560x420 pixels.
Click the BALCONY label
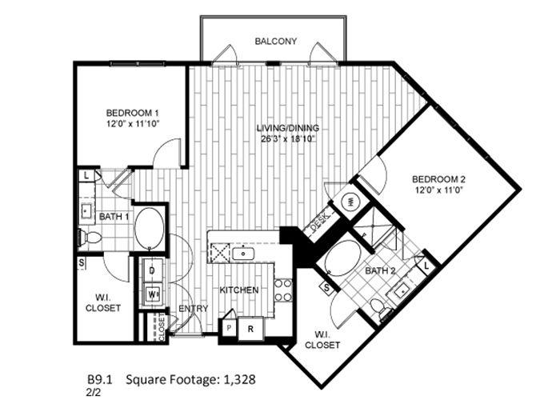pyautogui.click(x=276, y=42)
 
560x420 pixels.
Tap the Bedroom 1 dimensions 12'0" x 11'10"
pyautogui.click(x=133, y=124)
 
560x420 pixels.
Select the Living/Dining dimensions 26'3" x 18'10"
pyautogui.click(x=288, y=139)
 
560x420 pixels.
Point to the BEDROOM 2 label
pyautogui.click(x=439, y=179)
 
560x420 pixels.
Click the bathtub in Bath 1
pyautogui.click(x=150, y=228)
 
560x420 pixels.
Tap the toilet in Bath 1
pyautogui.click(x=90, y=237)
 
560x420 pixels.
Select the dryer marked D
pyautogui.click(x=152, y=270)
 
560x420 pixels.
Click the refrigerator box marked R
pyautogui.click(x=250, y=329)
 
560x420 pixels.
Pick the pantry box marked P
pyautogui.click(x=229, y=328)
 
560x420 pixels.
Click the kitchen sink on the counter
pyautogui.click(x=243, y=254)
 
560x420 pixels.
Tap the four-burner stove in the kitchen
pyautogui.click(x=283, y=290)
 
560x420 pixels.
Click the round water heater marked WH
pyautogui.click(x=350, y=202)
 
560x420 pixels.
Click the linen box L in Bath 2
pyautogui.click(x=426, y=266)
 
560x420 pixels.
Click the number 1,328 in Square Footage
pyautogui.click(x=240, y=379)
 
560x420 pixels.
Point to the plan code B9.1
pyautogui.click(x=100, y=379)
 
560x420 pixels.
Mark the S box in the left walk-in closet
pyautogui.click(x=82, y=263)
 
